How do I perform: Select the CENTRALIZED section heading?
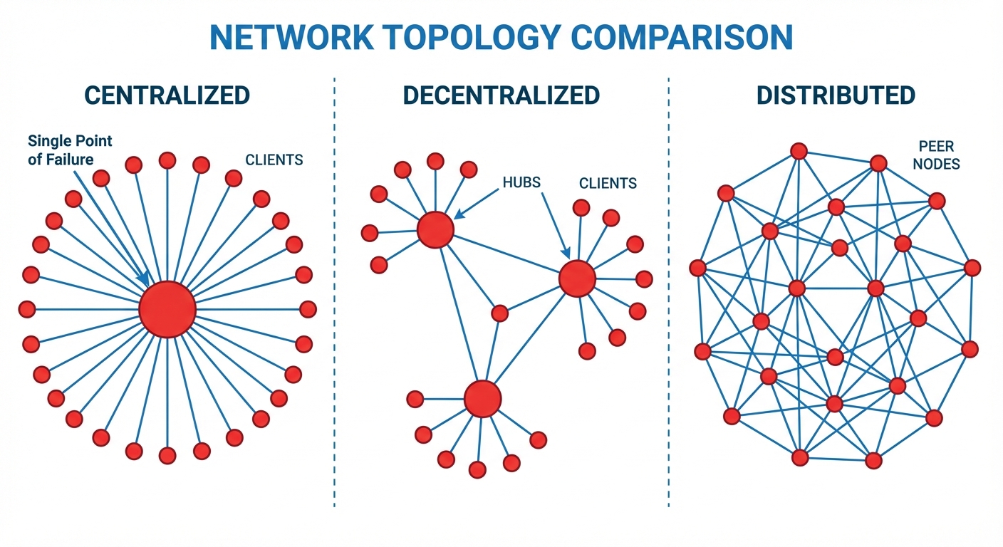point(167,95)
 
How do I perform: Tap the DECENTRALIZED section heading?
point(501,95)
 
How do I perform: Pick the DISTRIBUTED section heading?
point(836,95)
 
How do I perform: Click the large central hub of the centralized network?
point(167,309)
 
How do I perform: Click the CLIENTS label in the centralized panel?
point(274,160)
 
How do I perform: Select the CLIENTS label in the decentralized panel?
point(608,184)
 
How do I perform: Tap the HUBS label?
point(521,182)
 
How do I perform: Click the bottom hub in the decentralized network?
point(483,398)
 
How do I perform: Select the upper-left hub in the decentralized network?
point(435,229)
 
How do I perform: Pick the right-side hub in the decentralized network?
point(577,278)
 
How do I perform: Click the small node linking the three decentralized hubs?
point(500,313)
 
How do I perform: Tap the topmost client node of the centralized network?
point(167,160)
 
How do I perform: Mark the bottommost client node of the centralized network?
point(167,456)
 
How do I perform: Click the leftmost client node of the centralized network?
point(27,309)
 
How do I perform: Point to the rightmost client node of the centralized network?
point(308,309)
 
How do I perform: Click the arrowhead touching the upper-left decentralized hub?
point(457,214)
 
